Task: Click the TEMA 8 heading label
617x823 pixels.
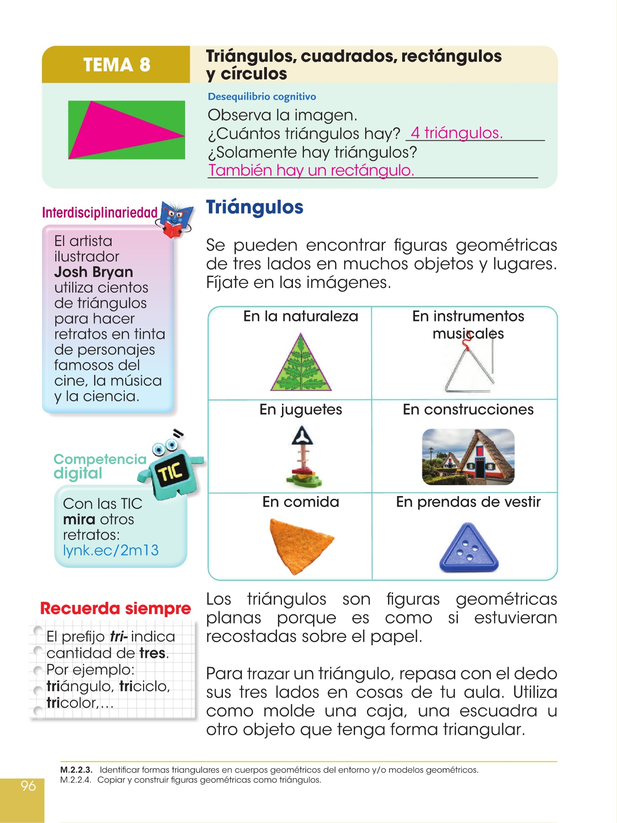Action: tap(117, 65)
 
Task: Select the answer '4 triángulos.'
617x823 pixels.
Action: tap(456, 133)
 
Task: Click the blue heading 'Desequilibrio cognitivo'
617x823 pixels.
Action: tap(261, 96)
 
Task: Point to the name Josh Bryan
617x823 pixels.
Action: tap(93, 272)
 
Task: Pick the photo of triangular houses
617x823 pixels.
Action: tap(468, 457)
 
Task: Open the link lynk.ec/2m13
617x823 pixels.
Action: tap(111, 550)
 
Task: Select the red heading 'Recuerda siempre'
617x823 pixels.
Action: tap(115, 609)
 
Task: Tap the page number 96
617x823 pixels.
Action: tap(28, 786)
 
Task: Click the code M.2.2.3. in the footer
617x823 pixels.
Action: tap(76, 770)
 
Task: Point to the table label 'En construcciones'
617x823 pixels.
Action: tap(468, 410)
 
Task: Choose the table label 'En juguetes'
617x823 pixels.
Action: tap(301, 410)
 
